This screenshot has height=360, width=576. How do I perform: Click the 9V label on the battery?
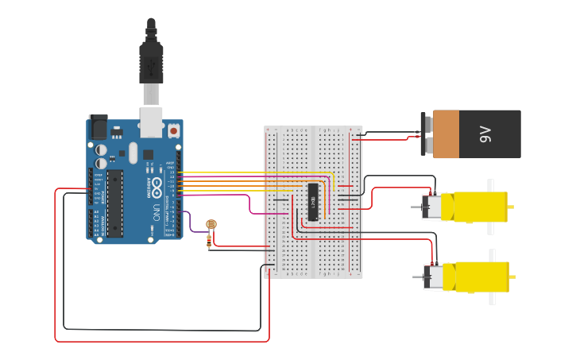pyautogui.click(x=485, y=135)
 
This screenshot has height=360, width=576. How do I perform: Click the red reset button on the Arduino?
pyautogui.click(x=173, y=130)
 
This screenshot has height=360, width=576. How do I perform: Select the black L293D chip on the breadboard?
pyautogui.click(x=314, y=202)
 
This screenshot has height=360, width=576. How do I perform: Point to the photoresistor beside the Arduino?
pyautogui.click(x=211, y=226)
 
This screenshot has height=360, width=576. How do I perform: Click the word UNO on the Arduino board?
pyautogui.click(x=157, y=213)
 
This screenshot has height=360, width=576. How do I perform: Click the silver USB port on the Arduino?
pyautogui.click(x=150, y=119)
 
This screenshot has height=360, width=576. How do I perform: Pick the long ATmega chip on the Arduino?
pyautogui.click(x=115, y=203)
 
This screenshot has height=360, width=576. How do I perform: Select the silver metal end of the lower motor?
pyautogui.click(x=434, y=277)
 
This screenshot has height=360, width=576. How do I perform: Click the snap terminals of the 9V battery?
pyautogui.click(x=427, y=134)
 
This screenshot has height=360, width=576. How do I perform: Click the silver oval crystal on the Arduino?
pyautogui.click(x=133, y=152)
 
